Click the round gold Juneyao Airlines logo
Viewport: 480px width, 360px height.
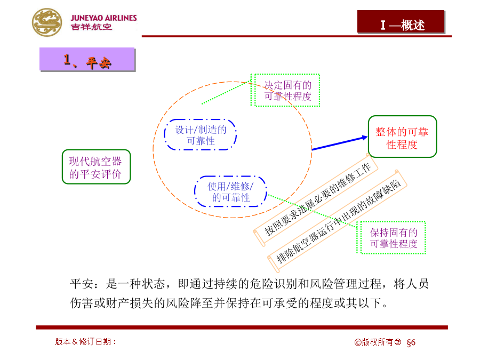pyautogui.click(x=47, y=22)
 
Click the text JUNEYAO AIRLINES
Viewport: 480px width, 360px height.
pyautogui.click(x=104, y=18)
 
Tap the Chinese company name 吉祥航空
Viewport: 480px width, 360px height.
pyautogui.click(x=91, y=27)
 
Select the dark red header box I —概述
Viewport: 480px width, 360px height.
pyautogui.click(x=401, y=22)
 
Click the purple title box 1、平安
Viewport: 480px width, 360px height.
pyautogui.click(x=87, y=59)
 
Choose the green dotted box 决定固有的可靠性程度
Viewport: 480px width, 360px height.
pyautogui.click(x=285, y=90)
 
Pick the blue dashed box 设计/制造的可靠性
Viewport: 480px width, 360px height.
pyautogui.click(x=201, y=135)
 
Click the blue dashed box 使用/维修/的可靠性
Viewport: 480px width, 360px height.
pyautogui.click(x=230, y=191)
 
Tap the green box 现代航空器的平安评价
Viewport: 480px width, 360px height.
pyautogui.click(x=96, y=167)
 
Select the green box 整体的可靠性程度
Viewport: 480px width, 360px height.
pyautogui.click(x=402, y=137)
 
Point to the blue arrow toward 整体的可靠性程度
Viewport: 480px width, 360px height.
pyautogui.click(x=340, y=143)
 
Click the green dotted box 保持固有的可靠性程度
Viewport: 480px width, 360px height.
pyautogui.click(x=391, y=237)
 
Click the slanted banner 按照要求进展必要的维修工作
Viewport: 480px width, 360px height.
pyautogui.click(x=316, y=199)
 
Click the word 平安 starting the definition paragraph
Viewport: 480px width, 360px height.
pyautogui.click(x=82, y=284)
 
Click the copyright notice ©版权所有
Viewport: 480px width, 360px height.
pyautogui.click(x=378, y=342)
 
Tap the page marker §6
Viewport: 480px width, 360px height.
pyautogui.click(x=411, y=342)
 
